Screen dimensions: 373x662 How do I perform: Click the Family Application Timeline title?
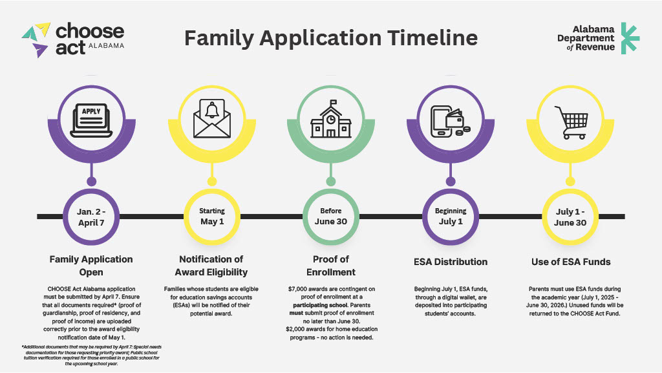[331, 37]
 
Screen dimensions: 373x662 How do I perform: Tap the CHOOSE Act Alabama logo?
[73, 39]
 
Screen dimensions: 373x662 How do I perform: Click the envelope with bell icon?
[211, 117]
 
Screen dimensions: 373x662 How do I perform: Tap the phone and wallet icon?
[451, 118]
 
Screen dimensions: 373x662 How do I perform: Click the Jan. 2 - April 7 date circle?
[91, 217]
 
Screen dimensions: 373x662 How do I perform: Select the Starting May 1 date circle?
[211, 217]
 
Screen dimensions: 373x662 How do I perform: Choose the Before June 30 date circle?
[331, 217]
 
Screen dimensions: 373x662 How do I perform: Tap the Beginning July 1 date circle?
[451, 217]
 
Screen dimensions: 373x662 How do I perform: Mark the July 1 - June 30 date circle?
[570, 217]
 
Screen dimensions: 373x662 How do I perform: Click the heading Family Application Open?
[91, 266]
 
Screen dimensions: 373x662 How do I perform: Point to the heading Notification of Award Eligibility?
[211, 266]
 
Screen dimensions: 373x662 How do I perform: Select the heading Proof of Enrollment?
[331, 266]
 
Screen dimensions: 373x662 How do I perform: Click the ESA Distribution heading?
[451, 262]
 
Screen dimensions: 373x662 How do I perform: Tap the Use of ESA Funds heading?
[570, 262]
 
